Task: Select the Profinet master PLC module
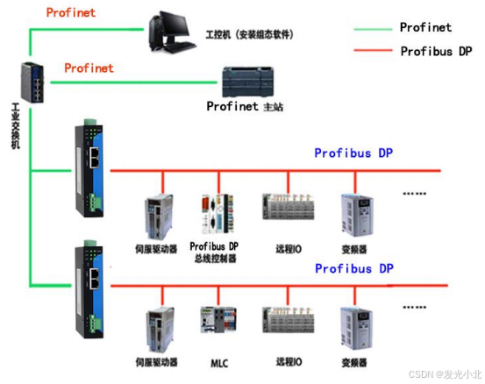[x=253, y=82]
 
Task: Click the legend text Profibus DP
[x=436, y=51]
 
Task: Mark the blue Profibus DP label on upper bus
[x=353, y=153]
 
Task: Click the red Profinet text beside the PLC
[x=89, y=67]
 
